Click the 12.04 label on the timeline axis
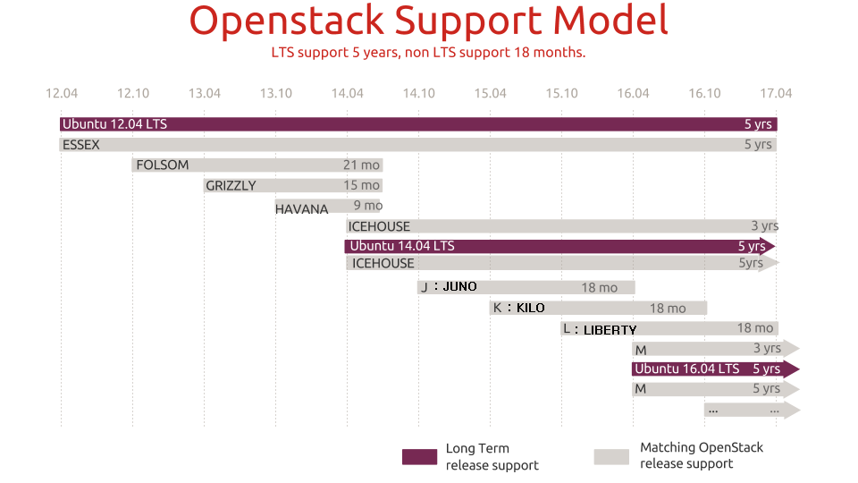coord(62,93)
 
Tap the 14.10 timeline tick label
coord(418,93)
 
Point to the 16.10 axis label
coord(704,93)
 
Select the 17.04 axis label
coord(776,93)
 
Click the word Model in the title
coord(610,21)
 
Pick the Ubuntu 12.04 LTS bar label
coord(114,124)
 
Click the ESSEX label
coord(81,145)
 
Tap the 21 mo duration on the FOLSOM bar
coord(361,165)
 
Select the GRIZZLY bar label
coord(231,186)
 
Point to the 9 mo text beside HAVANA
coord(367,206)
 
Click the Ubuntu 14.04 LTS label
coord(402,246)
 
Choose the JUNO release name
coord(459,286)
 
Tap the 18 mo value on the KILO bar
coord(668,309)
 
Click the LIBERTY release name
coord(610,330)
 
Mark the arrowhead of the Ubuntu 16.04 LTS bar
coord(791,369)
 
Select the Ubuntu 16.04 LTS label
coord(686,369)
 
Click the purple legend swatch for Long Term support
coord(420,457)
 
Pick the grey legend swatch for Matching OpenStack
coord(611,457)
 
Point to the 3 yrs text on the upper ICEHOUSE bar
coord(765,225)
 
